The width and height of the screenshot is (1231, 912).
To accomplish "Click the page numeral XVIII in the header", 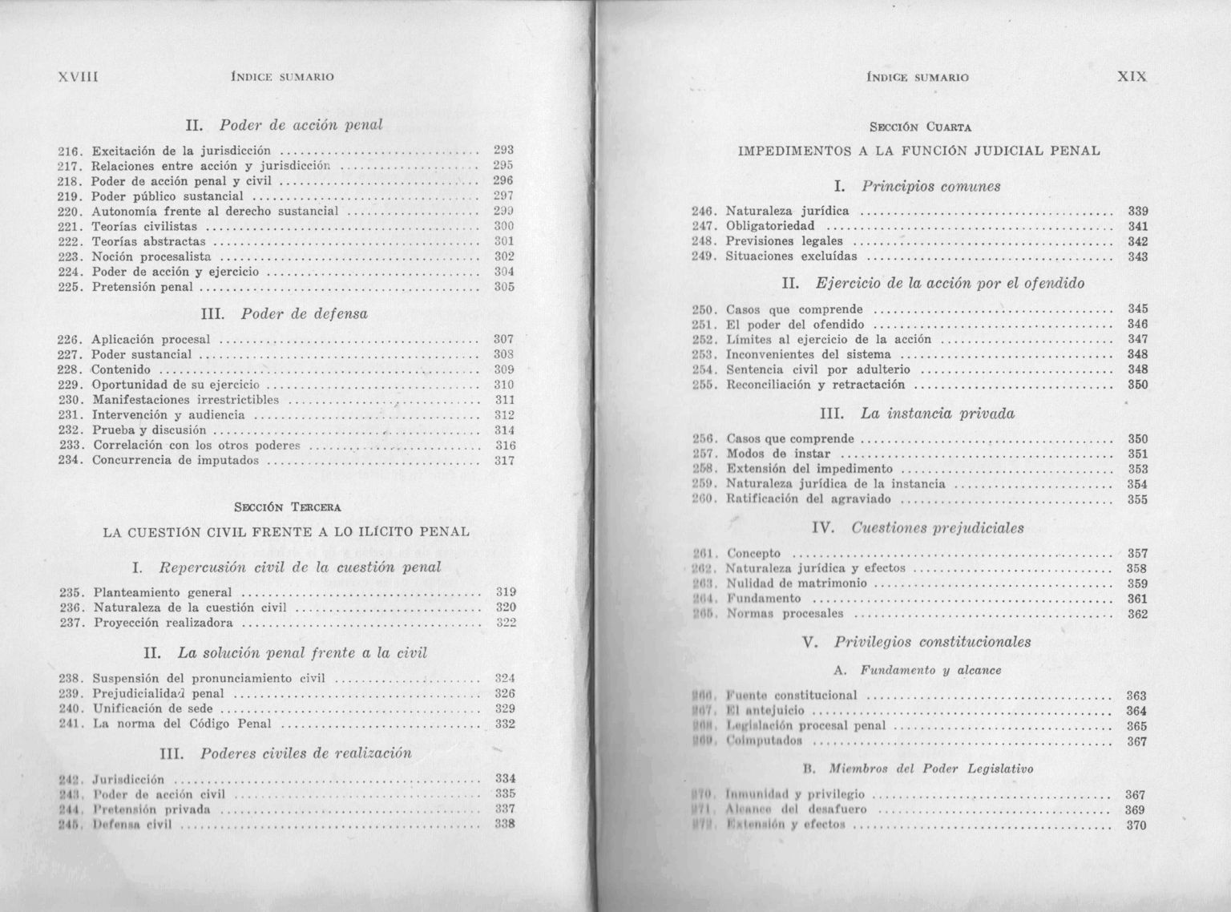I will [x=78, y=78].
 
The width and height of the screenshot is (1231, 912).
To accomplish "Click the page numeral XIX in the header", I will [x=1132, y=77].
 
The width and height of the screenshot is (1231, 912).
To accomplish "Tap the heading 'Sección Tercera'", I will [x=287, y=506].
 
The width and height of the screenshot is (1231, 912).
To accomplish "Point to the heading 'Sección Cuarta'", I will [x=920, y=127].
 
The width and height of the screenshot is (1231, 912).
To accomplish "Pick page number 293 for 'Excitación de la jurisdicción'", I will [x=503, y=150].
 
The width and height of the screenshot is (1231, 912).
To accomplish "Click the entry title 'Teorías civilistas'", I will [x=144, y=227].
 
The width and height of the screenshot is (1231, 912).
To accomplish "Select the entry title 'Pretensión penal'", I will [x=142, y=287].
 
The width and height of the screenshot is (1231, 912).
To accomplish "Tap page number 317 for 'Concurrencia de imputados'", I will [x=504, y=461].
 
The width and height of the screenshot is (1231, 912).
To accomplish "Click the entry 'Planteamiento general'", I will [x=163, y=593].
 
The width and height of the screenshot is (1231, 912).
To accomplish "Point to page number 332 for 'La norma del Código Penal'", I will [x=504, y=724].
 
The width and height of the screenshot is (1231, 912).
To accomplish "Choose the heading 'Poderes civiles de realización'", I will [x=305, y=753].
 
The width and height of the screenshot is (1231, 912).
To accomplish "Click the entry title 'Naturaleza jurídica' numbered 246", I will [x=787, y=212].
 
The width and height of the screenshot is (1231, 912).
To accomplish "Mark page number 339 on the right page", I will [x=1137, y=212].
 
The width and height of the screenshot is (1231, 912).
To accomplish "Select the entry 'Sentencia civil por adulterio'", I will [x=817, y=369].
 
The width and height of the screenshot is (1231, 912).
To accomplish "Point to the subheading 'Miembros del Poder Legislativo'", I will [x=931, y=769].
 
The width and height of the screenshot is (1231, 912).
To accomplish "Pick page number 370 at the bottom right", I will [x=1136, y=825].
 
